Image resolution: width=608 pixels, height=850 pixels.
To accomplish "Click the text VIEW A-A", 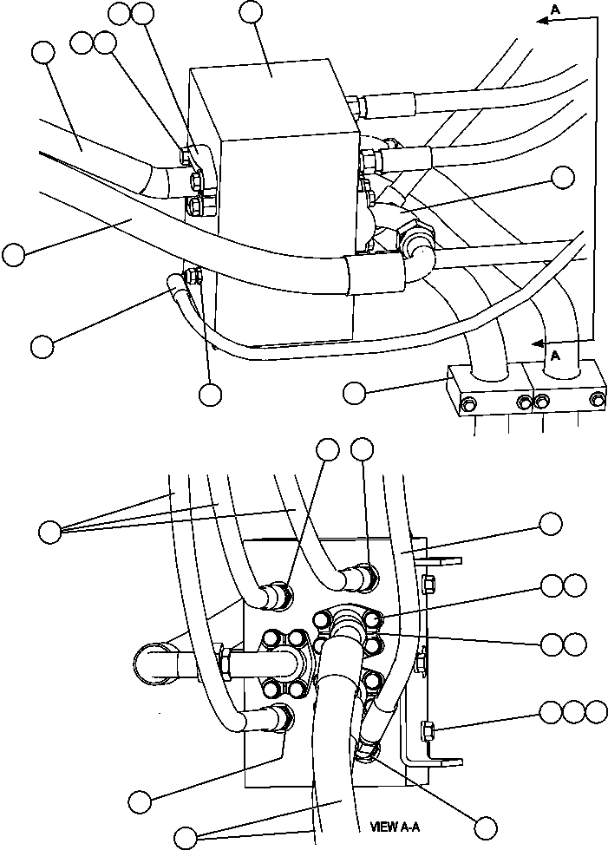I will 395,827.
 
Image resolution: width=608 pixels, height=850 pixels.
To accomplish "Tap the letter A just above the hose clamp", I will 552,355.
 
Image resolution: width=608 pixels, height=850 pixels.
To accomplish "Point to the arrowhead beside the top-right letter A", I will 542,23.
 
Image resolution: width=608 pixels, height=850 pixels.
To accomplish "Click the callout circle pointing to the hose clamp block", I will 354,392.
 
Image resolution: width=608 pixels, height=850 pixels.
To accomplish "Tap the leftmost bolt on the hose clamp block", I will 468,402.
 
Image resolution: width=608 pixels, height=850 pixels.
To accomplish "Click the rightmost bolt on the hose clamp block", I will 597,400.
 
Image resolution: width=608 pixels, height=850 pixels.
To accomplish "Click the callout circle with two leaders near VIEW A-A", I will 186,838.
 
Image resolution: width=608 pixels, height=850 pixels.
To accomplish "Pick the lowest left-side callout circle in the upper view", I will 42,345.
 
